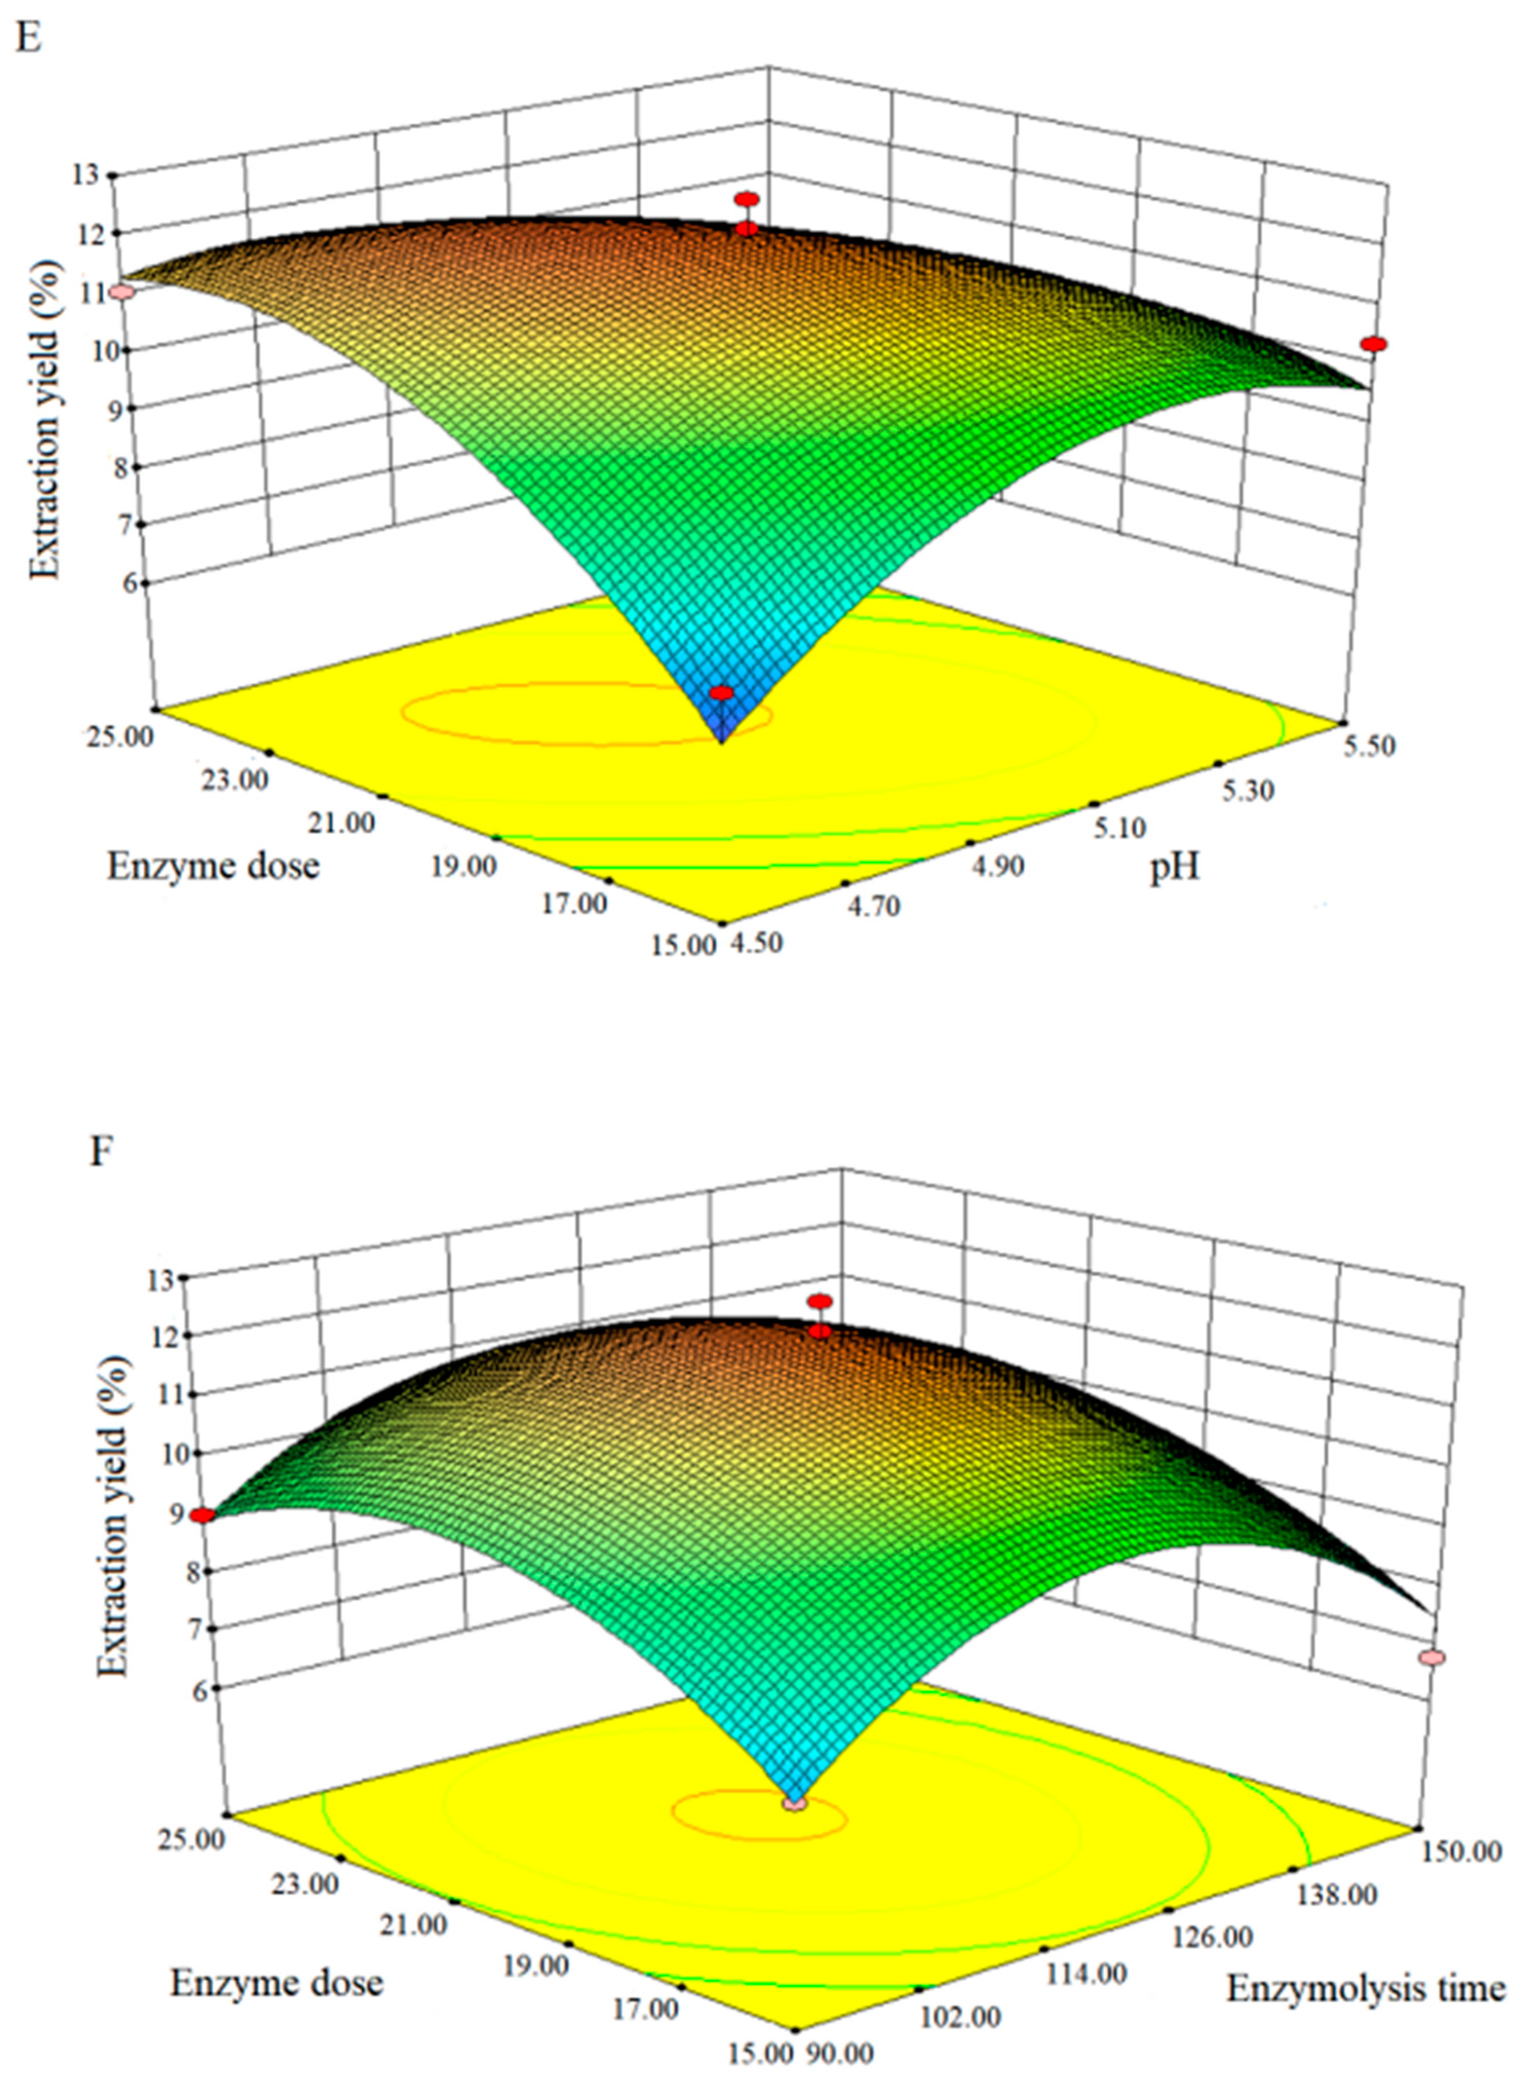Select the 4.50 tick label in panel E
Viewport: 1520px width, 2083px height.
[x=756, y=944]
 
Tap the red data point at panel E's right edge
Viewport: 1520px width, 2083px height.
[x=1374, y=344]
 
